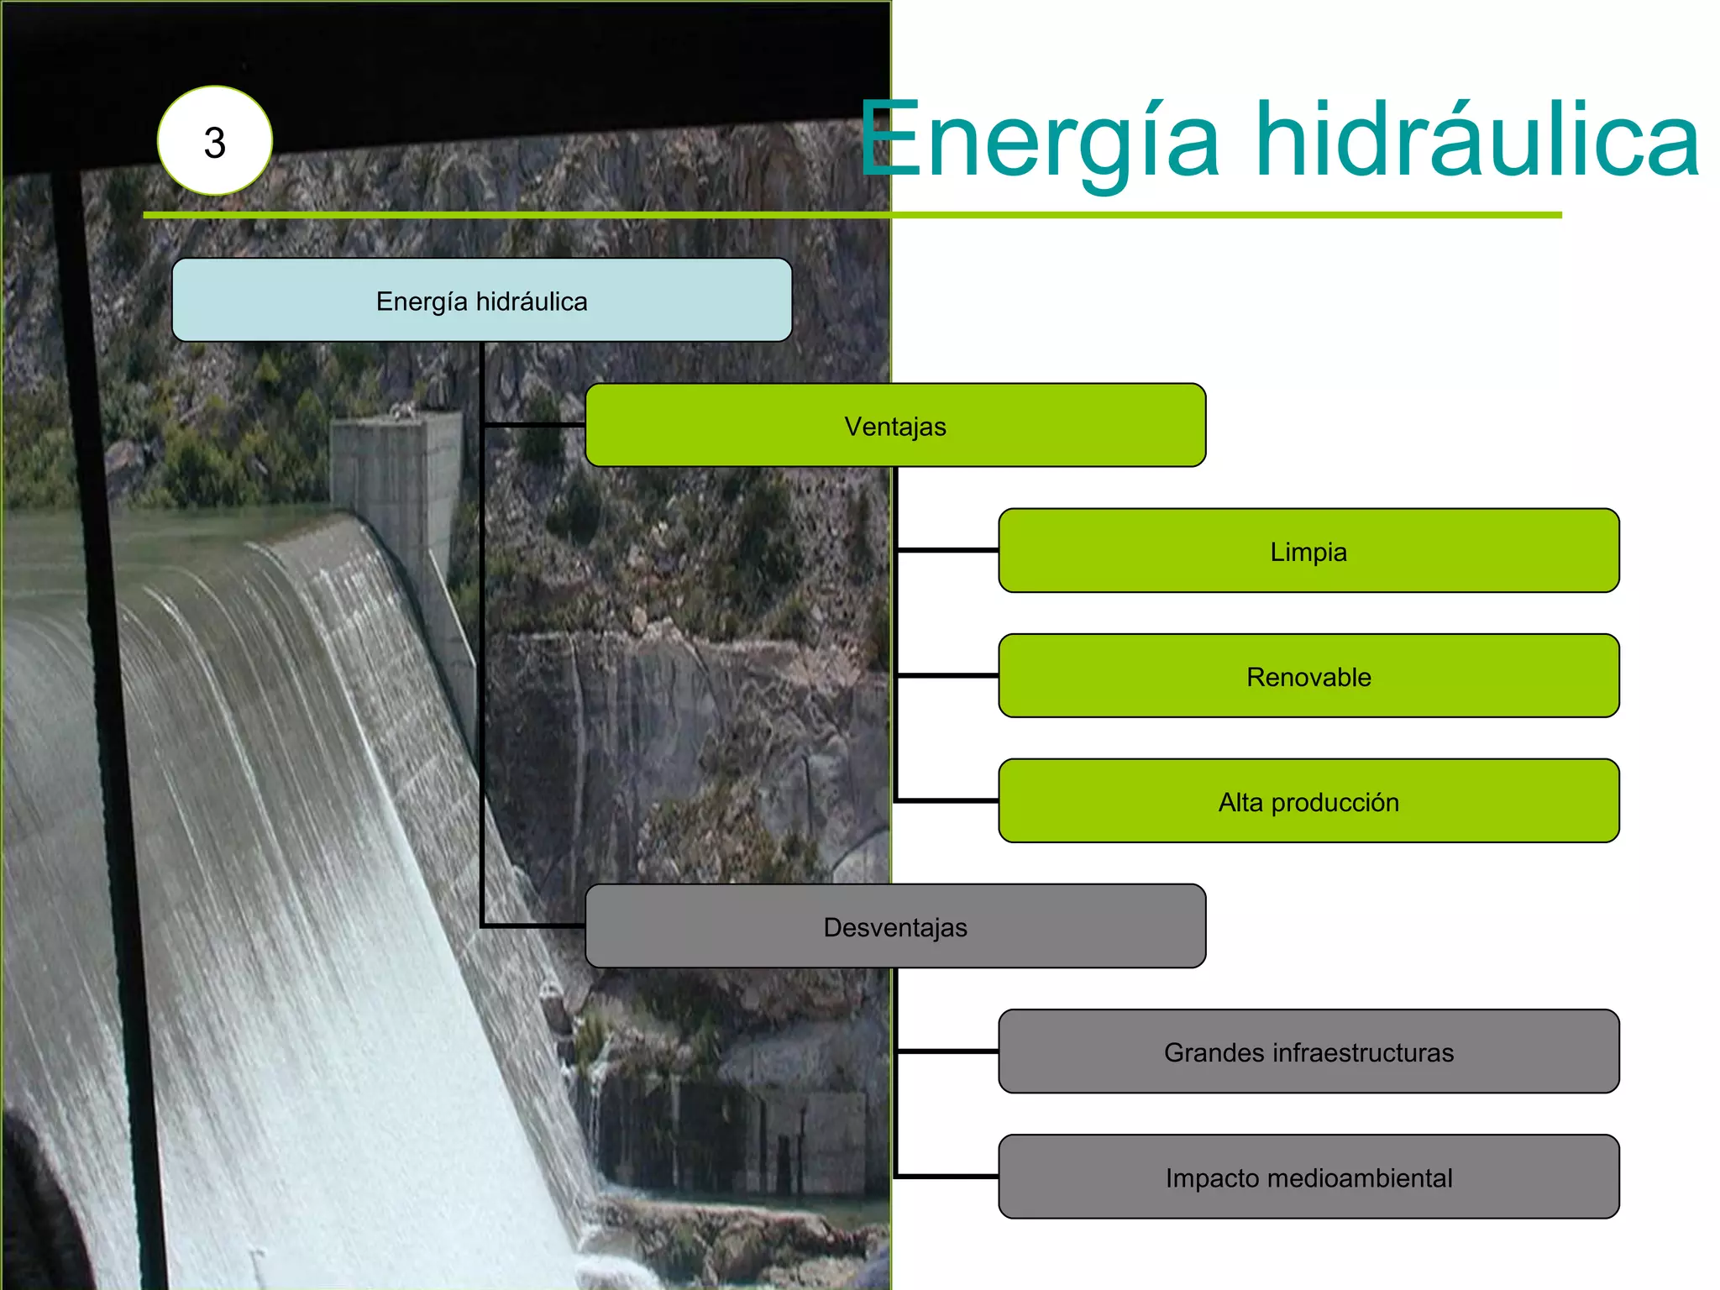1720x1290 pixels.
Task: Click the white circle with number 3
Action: (x=215, y=141)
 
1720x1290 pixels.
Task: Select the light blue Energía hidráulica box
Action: (x=481, y=300)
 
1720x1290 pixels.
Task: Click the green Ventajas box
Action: (x=895, y=425)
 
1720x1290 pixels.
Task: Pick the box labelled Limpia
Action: (x=1308, y=550)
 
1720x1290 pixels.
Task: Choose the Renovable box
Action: (x=1308, y=675)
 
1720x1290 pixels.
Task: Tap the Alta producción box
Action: (x=1308, y=800)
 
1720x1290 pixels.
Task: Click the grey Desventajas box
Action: (x=895, y=926)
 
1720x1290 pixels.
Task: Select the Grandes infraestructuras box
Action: (x=1308, y=1051)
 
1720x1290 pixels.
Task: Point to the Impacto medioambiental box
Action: (x=1308, y=1176)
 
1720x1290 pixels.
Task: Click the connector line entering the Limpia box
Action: (x=947, y=550)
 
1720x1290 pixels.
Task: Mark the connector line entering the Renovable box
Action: (x=947, y=675)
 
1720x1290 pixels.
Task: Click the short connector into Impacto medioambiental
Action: (x=947, y=1176)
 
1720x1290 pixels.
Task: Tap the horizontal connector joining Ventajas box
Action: (x=534, y=425)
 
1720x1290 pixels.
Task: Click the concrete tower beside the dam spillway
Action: (x=395, y=470)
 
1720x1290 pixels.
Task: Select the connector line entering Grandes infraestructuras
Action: (x=947, y=1051)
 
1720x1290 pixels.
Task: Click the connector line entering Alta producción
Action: (x=947, y=800)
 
